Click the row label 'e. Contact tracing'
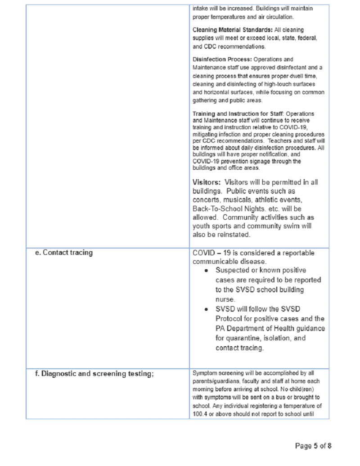coord(64,253)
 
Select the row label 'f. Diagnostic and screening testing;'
coord(94,373)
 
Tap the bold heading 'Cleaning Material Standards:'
coord(230,30)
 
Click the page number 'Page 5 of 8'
coord(313,446)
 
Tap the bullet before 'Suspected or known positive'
coord(206,271)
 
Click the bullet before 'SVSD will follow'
coord(206,309)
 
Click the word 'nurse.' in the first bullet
coord(225,299)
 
